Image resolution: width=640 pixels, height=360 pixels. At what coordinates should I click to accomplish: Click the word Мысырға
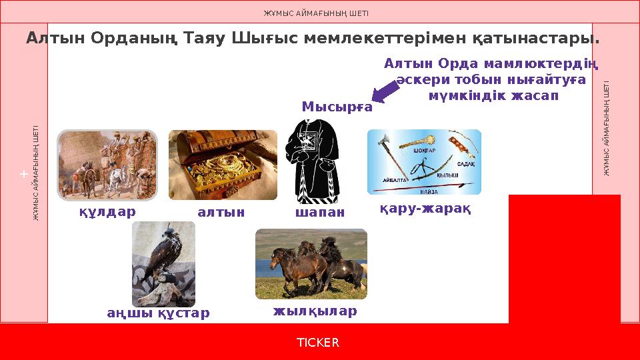tap(337, 107)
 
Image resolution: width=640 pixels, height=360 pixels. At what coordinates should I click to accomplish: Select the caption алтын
tap(221, 212)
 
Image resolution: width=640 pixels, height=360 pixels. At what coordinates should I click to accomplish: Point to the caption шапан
tap(319, 212)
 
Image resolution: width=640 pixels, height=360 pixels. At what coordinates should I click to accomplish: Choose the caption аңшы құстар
tap(159, 313)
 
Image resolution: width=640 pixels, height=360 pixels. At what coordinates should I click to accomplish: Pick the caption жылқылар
tap(315, 311)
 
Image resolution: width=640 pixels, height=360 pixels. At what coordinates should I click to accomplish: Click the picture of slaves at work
tap(107, 165)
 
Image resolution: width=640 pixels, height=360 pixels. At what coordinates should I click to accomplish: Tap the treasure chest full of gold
tap(223, 165)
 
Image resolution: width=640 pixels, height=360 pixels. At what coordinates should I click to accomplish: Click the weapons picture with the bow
tap(424, 161)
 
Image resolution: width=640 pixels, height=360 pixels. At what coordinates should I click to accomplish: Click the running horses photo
tap(311, 263)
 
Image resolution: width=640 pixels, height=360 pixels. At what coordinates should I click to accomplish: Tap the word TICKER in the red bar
tap(318, 343)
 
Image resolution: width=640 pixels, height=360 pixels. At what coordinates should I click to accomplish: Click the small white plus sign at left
tap(23, 174)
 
